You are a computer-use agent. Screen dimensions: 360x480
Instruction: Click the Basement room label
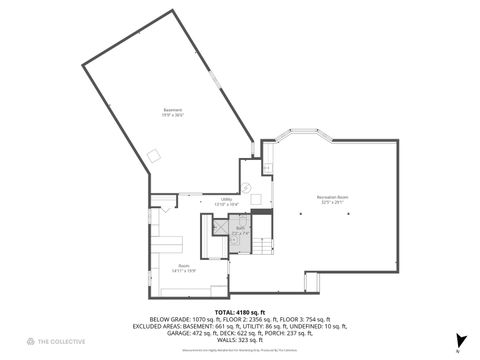coord(174,109)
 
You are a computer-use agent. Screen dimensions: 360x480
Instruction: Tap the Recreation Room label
coord(332,196)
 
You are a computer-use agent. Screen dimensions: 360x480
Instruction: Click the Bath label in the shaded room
coord(240,229)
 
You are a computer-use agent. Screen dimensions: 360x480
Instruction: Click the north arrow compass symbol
coord(459,341)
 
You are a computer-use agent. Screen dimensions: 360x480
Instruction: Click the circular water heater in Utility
coord(246,188)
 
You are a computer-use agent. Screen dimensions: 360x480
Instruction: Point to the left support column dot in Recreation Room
coord(300,214)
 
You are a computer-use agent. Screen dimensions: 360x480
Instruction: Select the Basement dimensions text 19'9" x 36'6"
coord(174,115)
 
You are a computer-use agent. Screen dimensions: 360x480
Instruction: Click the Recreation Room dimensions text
coord(332,202)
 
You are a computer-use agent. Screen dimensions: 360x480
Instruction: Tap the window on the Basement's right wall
coord(213,78)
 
